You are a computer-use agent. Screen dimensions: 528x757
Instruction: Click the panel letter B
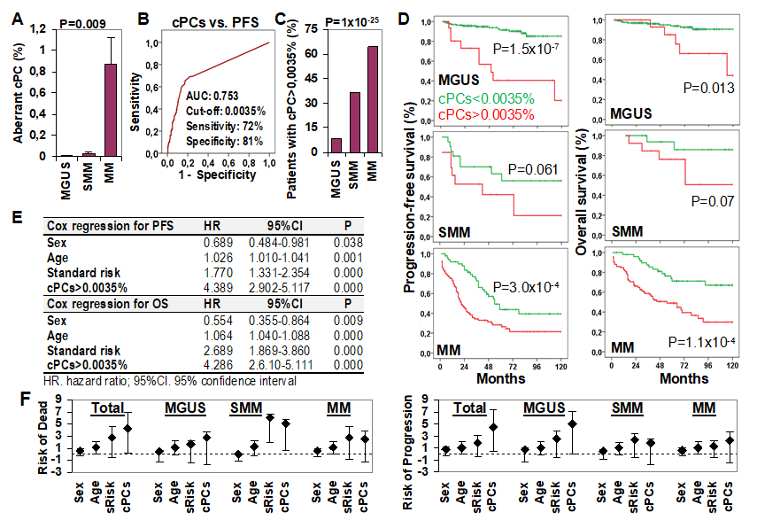143,16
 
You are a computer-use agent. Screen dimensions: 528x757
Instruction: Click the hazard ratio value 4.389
220,288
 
